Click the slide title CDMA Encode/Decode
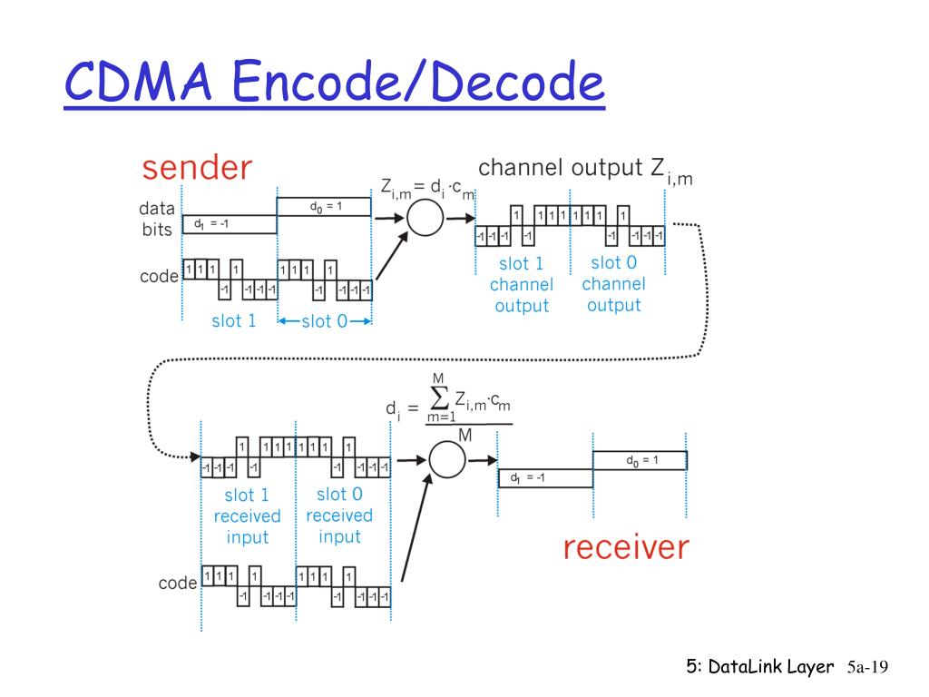coord(334,83)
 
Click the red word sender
coord(196,167)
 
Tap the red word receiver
coord(626,547)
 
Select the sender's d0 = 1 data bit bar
coord(324,207)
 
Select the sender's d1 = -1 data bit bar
coord(230,224)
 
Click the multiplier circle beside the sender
coord(424,218)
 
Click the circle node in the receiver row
coord(446,459)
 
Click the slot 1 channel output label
coord(522,284)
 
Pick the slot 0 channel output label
coord(614,283)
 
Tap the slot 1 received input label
coord(247,515)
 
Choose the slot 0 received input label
coord(339,515)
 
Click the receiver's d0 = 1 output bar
coord(640,460)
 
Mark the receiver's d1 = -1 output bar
coord(545,477)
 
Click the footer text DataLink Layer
coord(770,667)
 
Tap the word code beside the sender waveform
coord(159,276)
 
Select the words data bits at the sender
coord(157,219)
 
